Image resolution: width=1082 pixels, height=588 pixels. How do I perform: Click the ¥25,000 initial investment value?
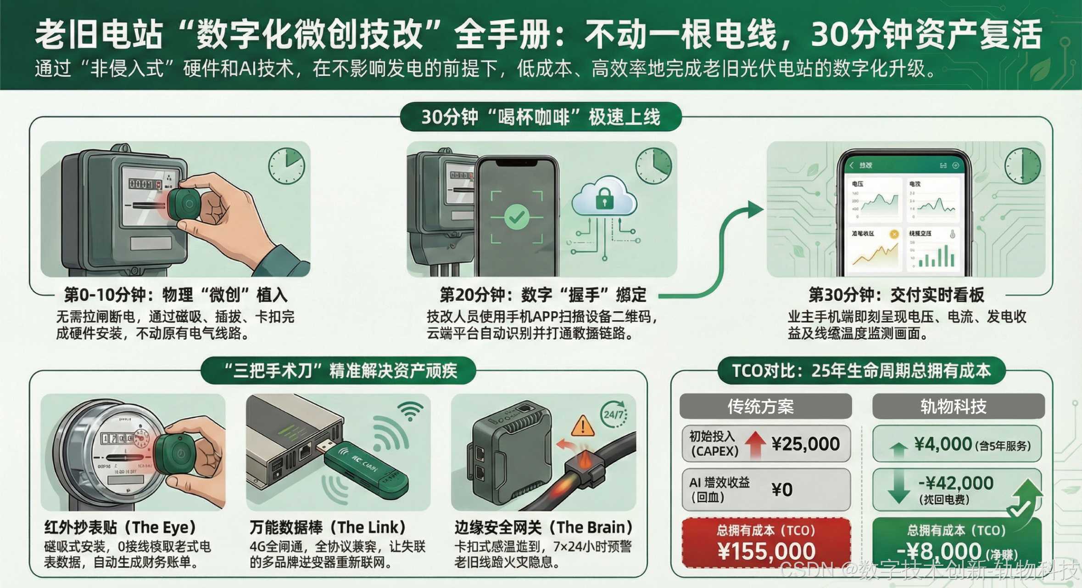coord(805,444)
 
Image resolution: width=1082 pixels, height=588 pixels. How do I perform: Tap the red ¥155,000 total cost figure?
coord(766,551)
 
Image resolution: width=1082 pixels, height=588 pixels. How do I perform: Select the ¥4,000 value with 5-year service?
coord(943,444)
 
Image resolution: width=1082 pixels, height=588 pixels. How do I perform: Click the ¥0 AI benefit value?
coord(782,490)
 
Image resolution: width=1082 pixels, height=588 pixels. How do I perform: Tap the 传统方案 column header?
coord(765,406)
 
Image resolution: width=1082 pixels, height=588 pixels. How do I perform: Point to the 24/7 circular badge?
coord(614,414)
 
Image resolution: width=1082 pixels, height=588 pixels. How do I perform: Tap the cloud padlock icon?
coord(604,198)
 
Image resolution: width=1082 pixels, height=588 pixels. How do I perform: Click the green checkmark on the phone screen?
coord(517,217)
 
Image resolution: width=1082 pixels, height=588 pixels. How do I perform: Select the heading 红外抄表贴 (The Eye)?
coord(120,527)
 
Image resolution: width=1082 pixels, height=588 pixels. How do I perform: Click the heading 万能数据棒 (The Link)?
coord(328,527)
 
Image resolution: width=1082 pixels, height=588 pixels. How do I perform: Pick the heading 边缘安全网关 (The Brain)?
coord(543,527)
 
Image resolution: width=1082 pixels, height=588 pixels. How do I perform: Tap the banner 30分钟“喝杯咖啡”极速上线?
coord(541,117)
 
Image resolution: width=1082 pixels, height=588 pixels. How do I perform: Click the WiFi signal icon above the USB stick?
coord(410,410)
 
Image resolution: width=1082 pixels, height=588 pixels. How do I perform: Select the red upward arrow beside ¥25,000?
coord(755,444)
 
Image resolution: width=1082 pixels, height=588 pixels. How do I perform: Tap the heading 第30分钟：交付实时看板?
coord(896,295)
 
